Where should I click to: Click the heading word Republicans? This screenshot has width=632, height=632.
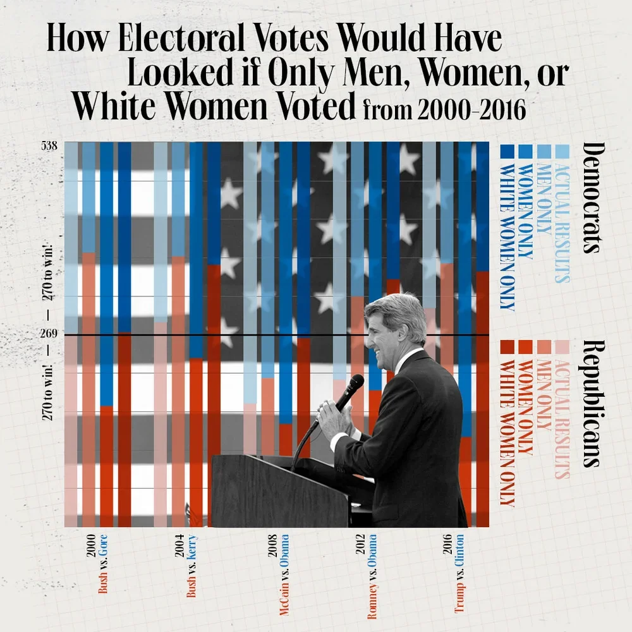point(592,403)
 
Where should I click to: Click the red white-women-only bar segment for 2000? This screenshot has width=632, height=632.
point(125,430)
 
